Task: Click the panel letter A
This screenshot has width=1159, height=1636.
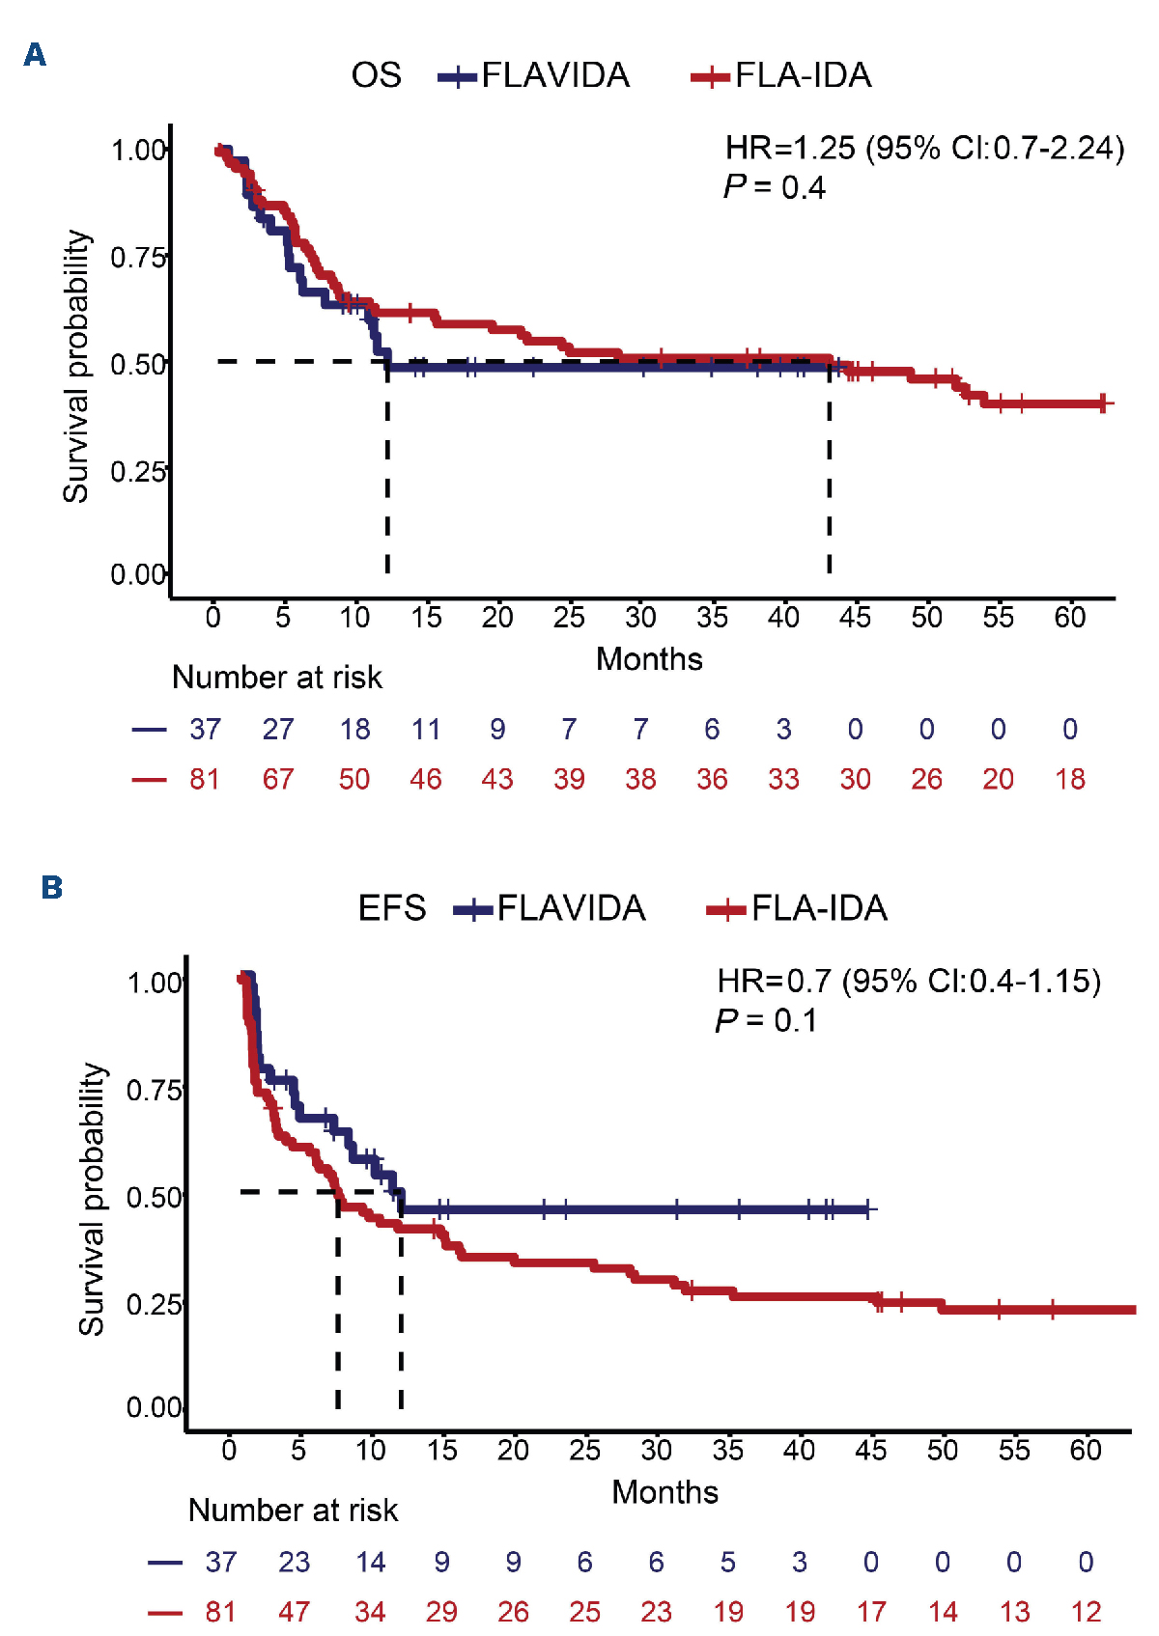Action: (35, 54)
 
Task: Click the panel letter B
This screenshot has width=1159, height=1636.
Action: (51, 887)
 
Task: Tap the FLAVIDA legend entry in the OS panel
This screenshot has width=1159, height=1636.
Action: (534, 75)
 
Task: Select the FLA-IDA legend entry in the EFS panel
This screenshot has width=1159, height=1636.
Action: (798, 908)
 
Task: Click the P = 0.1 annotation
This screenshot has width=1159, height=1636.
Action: (766, 1020)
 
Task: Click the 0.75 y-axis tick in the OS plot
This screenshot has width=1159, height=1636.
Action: (138, 258)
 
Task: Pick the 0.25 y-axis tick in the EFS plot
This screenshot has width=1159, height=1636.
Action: (155, 1304)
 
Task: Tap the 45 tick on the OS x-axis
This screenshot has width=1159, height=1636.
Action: (855, 617)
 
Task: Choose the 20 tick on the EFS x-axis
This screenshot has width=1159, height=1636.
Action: (513, 1450)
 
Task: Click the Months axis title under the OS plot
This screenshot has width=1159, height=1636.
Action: (649, 659)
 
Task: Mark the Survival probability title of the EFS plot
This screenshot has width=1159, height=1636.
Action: (92, 1199)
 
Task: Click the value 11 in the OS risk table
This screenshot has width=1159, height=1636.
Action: (426, 729)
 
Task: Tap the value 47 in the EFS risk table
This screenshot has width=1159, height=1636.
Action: (295, 1611)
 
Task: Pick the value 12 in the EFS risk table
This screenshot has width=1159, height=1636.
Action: (1086, 1611)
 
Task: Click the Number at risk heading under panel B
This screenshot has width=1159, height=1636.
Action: (293, 1510)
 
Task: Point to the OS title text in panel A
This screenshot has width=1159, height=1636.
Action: (376, 75)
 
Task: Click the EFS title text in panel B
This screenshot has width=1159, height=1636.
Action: (392, 908)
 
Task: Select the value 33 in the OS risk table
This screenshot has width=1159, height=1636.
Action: (783, 779)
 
